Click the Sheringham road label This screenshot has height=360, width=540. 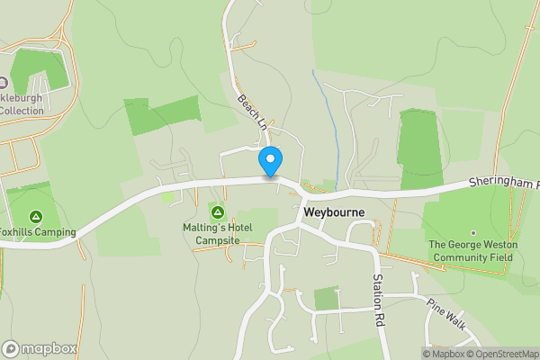(503, 183)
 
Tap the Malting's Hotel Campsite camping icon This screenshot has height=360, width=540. (217, 212)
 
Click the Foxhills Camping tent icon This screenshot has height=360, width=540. (36, 216)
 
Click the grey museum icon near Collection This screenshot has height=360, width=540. (17, 83)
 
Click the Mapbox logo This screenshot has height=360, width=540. (38, 349)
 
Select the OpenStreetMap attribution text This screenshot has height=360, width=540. (504, 354)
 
